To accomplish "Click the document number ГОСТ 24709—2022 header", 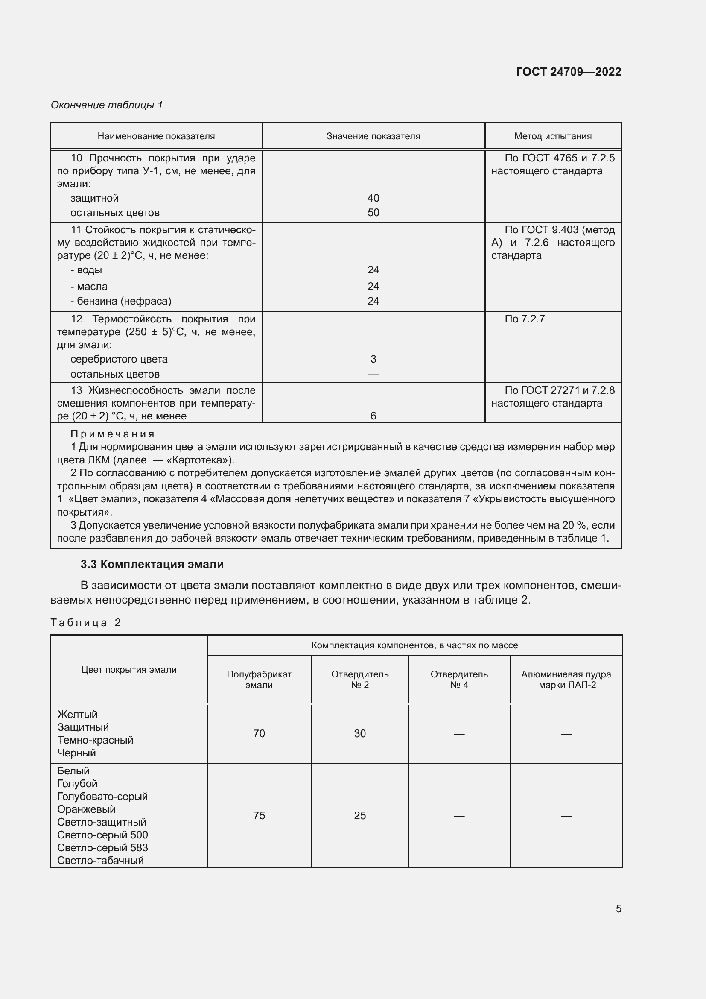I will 568,72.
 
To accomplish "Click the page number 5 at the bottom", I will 618,908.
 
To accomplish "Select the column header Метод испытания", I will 552,136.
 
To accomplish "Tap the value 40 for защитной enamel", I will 373,198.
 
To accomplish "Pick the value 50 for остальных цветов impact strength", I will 373,213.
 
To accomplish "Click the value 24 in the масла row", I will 373,286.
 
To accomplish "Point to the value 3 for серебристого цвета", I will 373,359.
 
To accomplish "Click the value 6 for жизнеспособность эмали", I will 373,416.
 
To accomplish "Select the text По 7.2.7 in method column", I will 524,319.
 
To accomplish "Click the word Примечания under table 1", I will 112,434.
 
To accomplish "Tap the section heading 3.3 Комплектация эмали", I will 152,564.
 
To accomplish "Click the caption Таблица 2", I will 86,623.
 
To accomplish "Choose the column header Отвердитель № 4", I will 459,679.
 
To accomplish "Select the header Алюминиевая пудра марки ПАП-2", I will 566,679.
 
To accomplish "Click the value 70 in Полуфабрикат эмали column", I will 259,734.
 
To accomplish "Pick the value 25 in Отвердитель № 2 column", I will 359,815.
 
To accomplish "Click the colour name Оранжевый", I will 86,809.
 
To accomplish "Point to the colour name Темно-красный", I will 95,740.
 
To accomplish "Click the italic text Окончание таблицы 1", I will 107,105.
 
